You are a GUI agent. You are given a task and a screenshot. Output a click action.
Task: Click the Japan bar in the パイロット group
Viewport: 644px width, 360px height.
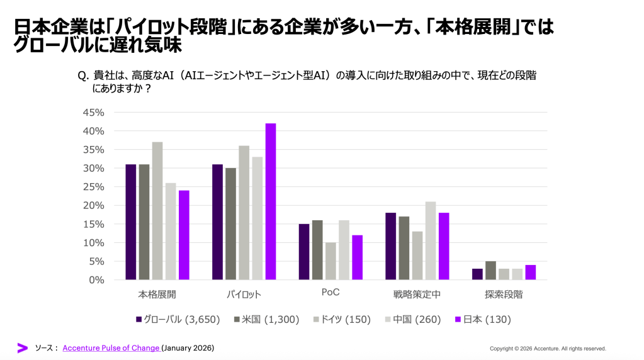271,201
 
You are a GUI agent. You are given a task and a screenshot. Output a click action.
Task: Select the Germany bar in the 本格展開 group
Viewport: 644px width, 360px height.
157,211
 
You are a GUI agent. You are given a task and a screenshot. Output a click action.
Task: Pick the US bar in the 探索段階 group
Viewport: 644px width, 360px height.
490,271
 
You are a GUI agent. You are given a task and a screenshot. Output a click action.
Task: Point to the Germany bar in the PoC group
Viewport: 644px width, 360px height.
330,261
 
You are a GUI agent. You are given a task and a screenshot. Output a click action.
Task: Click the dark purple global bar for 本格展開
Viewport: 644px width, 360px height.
131,222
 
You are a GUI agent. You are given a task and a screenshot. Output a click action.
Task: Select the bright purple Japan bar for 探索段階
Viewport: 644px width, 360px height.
530,273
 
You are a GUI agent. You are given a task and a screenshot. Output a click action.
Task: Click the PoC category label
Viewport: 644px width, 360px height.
330,294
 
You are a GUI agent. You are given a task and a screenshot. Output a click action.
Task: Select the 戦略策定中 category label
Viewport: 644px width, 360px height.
417,294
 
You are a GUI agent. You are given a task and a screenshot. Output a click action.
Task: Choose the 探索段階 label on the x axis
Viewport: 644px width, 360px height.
504,294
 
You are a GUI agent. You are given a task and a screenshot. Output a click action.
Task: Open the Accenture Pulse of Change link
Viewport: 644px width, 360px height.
111,348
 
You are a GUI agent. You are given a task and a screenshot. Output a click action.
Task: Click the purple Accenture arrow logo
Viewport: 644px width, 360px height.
23,348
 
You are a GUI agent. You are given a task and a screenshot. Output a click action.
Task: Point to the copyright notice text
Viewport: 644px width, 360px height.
548,349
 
